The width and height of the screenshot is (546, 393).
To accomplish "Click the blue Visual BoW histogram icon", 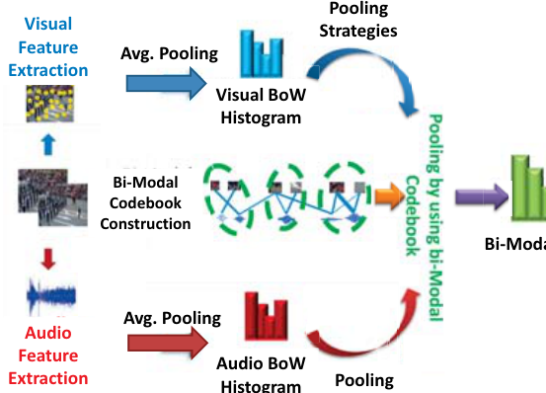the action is [262, 54].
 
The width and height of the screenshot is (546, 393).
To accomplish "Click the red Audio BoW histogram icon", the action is [267, 316].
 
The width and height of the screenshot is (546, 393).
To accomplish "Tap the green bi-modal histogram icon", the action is [528, 189].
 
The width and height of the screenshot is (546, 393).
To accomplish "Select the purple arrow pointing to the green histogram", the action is [482, 197].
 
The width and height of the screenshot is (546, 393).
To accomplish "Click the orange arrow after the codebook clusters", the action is [389, 196].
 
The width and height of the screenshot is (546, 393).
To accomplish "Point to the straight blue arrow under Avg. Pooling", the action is [167, 84].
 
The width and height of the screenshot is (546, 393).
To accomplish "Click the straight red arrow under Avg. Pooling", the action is [168, 344].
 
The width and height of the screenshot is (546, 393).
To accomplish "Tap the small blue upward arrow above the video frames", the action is [48, 145].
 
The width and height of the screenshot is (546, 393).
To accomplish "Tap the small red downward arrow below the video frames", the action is [48, 259].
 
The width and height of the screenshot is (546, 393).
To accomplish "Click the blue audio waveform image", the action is [51, 296].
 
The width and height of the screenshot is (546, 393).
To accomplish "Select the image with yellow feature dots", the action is [50, 104].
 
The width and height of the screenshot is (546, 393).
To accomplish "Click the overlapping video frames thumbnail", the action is [52, 197].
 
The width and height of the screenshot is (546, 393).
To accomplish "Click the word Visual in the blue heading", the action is [48, 24].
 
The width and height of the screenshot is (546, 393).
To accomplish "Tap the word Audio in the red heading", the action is [48, 333].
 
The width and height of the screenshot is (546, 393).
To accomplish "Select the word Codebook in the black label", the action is [145, 203].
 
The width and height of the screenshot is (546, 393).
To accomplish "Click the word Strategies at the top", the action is [358, 31].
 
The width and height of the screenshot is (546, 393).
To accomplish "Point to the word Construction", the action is [145, 224].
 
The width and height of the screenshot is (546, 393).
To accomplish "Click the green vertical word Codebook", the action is [413, 216].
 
